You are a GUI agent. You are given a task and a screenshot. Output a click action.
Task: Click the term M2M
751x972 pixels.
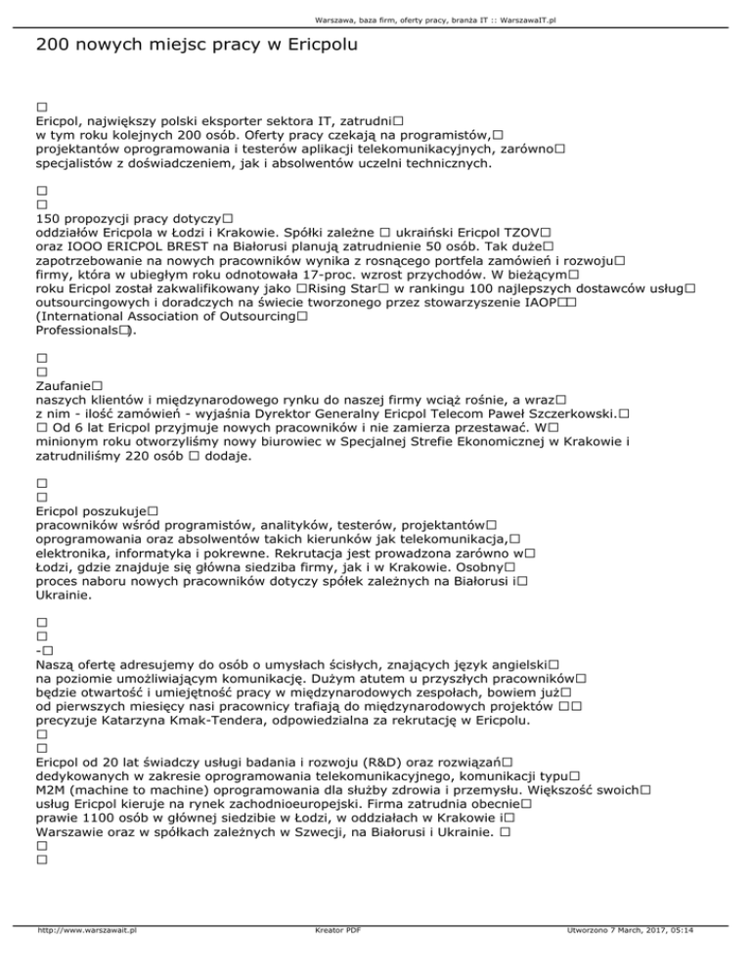click(x=51, y=790)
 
